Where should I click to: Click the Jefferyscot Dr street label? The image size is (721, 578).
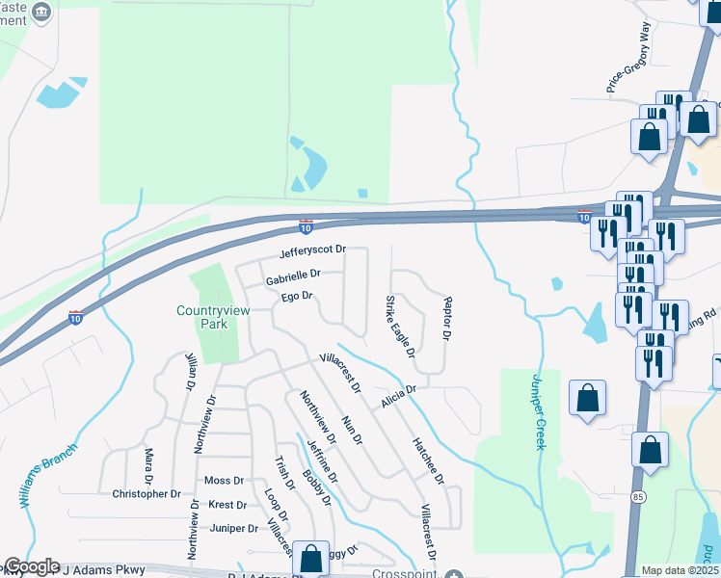click(311, 254)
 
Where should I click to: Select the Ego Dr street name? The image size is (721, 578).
click(296, 297)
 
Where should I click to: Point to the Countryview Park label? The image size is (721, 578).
click(202, 317)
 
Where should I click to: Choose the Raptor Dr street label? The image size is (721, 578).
click(446, 318)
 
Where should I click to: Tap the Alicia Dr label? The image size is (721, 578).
click(397, 395)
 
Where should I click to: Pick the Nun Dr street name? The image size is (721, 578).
click(351, 429)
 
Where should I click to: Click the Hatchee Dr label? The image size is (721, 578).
click(428, 460)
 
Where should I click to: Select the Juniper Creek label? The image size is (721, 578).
click(537, 411)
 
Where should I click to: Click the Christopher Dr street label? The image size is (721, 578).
click(147, 494)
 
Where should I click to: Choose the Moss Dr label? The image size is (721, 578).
click(225, 481)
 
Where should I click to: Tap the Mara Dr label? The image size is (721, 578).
click(148, 466)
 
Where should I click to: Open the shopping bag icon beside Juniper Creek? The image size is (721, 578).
click(587, 398)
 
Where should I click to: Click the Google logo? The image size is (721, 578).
click(31, 566)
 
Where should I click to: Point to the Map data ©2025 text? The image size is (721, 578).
click(681, 570)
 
